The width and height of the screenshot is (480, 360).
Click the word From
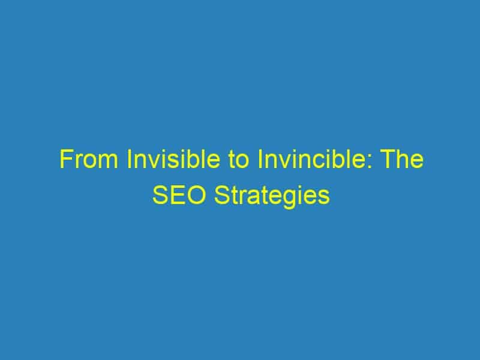coord(89,159)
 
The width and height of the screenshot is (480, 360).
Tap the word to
coord(238,160)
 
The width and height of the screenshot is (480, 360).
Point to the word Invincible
coord(311,159)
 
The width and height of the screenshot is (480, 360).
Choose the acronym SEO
coord(179,194)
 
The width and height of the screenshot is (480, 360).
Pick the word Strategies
coord(272,196)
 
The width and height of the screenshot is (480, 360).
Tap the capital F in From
coord(66,159)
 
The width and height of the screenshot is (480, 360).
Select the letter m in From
coord(107,161)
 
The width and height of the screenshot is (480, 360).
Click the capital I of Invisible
coord(129,159)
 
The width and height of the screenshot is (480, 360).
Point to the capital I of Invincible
coord(260,159)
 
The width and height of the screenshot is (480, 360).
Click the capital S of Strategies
coord(221,194)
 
